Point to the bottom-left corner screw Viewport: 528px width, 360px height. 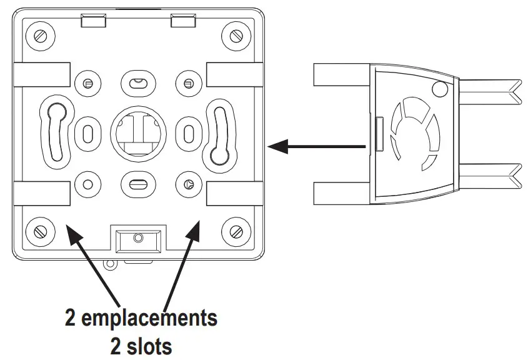click(39, 230)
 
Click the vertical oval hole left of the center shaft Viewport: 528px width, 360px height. click(87, 132)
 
